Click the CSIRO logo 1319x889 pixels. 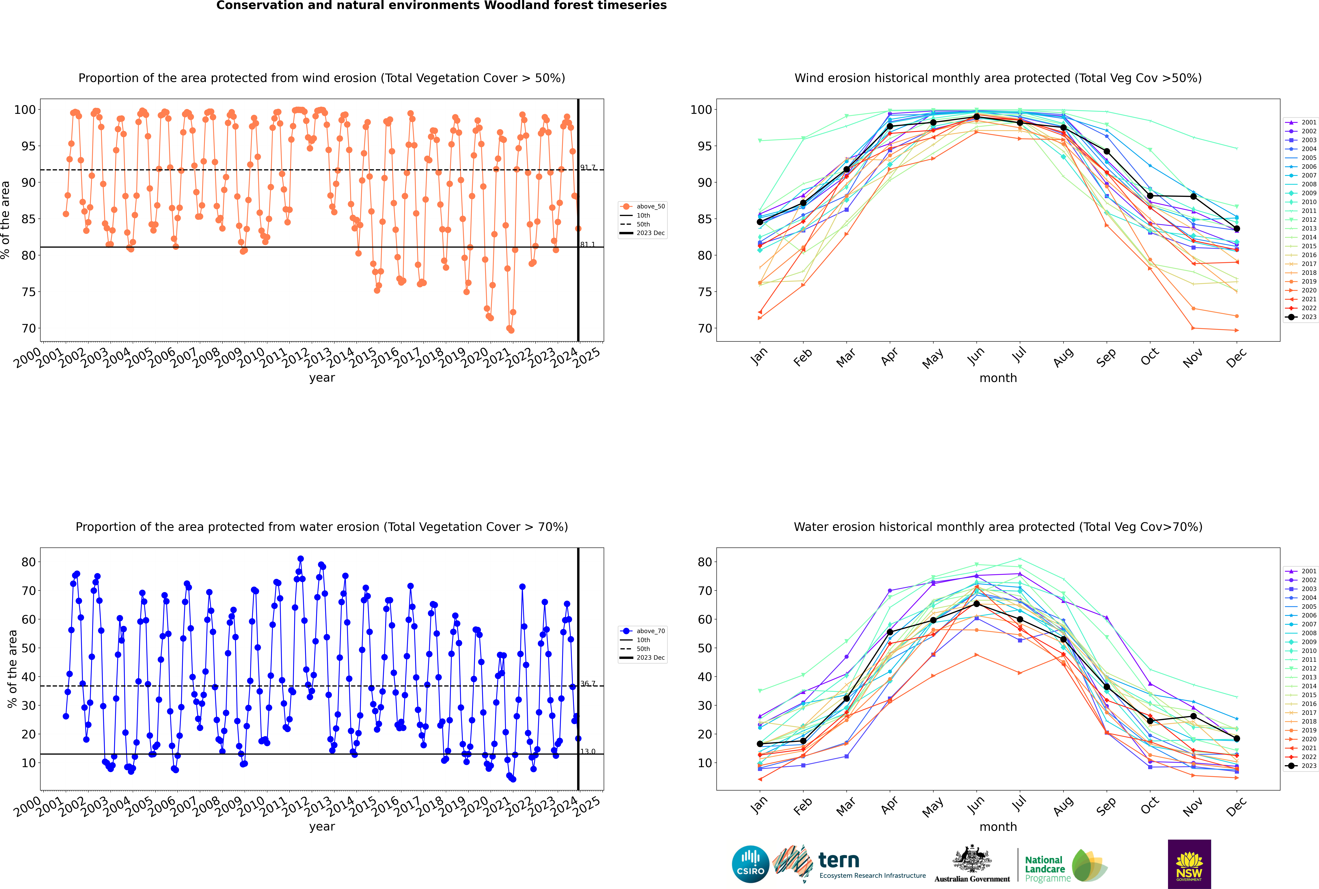750,864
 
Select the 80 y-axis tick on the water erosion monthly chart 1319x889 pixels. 705,562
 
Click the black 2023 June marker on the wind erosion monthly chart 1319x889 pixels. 976,117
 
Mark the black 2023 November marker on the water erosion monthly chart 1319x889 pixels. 1194,716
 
